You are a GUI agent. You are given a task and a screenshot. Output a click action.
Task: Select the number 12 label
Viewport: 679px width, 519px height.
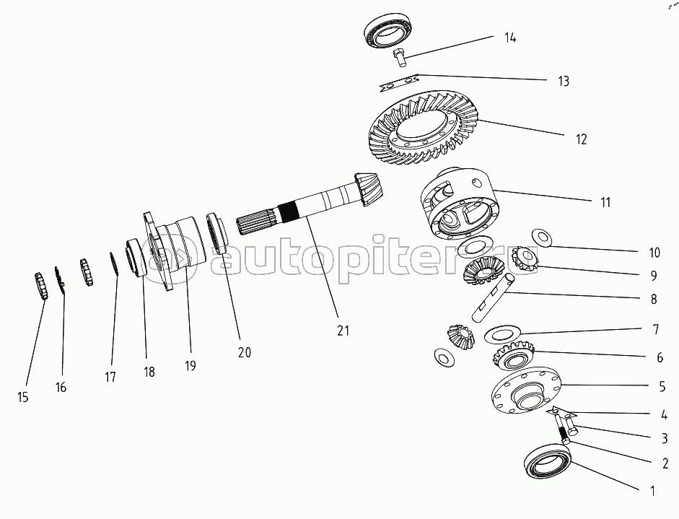[580, 139]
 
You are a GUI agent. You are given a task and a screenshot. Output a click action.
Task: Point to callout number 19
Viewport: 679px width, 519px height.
[190, 365]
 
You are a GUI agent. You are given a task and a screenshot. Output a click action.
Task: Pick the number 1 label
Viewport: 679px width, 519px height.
[652, 491]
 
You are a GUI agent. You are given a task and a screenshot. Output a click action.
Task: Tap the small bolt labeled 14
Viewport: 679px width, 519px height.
[399, 56]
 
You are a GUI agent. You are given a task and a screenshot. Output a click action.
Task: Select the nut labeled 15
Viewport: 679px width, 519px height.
[41, 286]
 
